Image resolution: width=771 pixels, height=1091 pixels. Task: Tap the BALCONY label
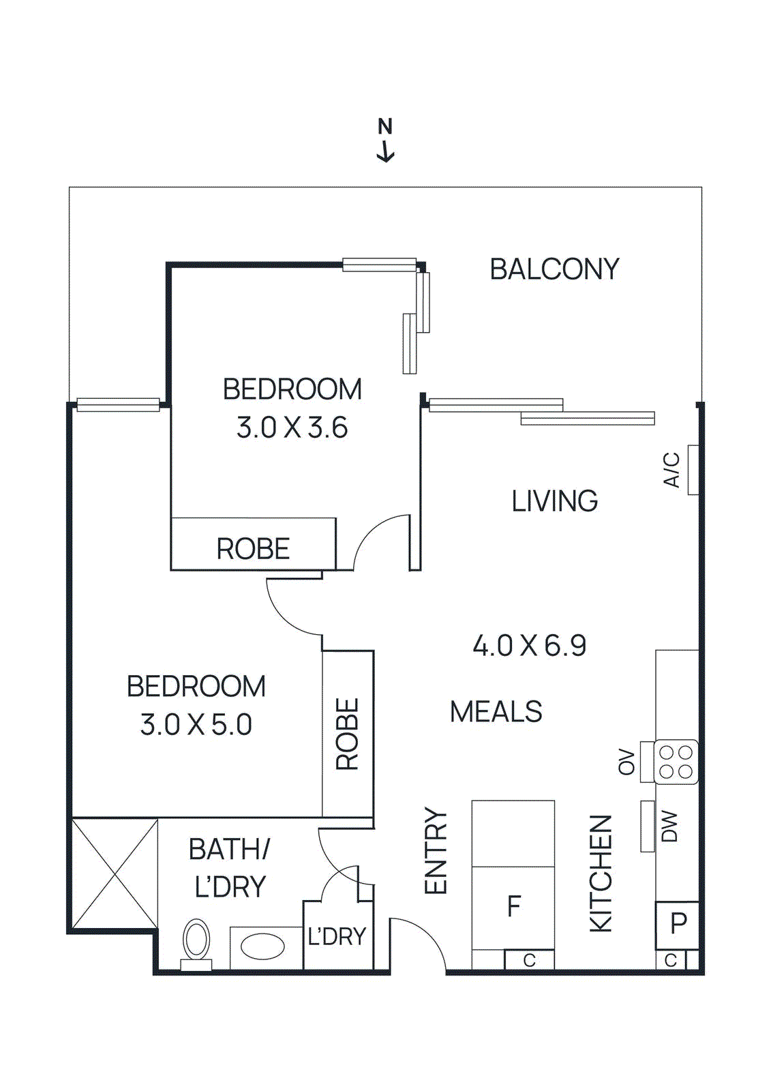click(x=554, y=269)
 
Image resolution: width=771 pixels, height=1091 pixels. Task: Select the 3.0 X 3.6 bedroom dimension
click(x=292, y=428)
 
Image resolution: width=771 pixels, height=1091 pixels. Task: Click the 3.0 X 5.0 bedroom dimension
click(x=196, y=725)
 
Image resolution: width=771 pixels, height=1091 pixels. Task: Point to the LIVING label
click(x=555, y=501)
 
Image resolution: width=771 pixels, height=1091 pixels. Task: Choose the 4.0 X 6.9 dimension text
click(x=530, y=646)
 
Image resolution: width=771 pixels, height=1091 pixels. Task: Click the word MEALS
click(x=496, y=712)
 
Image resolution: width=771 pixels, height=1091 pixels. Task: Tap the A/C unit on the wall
click(x=693, y=470)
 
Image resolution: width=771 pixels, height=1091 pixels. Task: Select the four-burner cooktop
click(x=676, y=762)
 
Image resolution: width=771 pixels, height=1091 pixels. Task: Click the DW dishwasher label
click(x=670, y=826)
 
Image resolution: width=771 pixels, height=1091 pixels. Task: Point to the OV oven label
click(x=626, y=762)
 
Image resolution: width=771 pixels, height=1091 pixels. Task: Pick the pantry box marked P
click(x=678, y=925)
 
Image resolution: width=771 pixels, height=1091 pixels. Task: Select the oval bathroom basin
click(x=263, y=946)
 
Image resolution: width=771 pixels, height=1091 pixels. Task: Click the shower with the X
click(x=115, y=873)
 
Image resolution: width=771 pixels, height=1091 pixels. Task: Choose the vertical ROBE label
click(x=348, y=734)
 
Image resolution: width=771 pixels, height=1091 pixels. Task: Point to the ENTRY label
click(x=436, y=850)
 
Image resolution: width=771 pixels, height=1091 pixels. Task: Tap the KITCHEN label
click(x=601, y=873)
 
